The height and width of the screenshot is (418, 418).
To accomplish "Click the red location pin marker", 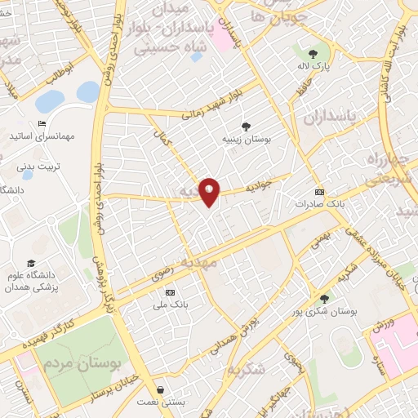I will click(210, 192).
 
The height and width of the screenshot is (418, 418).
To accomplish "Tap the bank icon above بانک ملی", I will click(170, 292).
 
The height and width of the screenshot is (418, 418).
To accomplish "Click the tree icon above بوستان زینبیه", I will click(245, 126).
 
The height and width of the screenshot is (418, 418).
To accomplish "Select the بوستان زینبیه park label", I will click(247, 140).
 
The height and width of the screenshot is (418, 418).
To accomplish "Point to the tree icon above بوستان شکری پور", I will click(325, 299).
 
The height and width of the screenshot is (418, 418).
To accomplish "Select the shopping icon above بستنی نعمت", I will click(160, 389).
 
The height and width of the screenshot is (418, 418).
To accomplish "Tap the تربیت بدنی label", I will click(38, 166).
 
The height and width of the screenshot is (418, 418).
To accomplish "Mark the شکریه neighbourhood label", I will click(247, 369).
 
